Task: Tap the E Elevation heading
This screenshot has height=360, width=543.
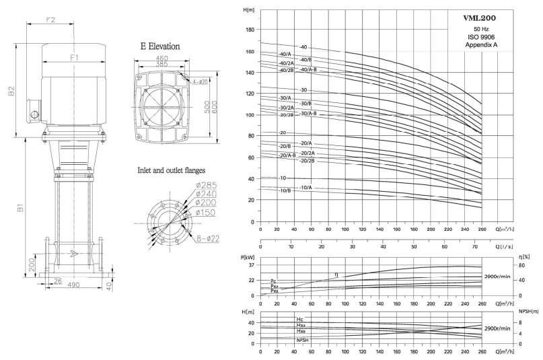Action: [159, 47]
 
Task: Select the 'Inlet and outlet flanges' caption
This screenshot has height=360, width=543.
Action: [172, 170]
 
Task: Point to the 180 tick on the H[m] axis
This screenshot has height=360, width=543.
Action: [250, 30]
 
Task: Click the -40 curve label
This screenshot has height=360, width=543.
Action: [303, 47]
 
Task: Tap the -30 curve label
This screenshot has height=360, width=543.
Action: [303, 89]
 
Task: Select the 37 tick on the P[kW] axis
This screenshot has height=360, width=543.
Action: [250, 266]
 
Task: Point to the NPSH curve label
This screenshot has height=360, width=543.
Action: [303, 341]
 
